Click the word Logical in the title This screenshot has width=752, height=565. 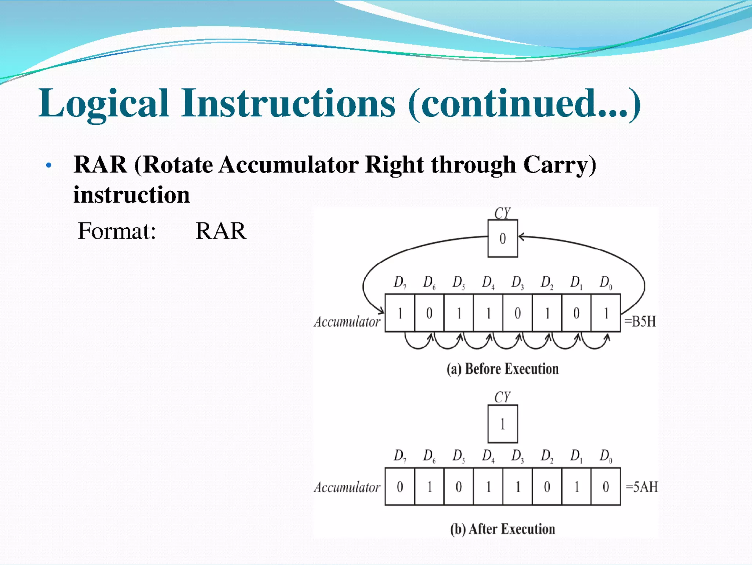point(103,104)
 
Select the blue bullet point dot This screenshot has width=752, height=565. point(48,166)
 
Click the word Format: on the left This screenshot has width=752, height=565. point(117,231)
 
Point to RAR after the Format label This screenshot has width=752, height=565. point(221,231)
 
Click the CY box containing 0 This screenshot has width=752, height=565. point(502,239)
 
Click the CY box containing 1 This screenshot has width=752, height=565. point(502,424)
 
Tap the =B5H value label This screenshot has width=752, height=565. point(640,322)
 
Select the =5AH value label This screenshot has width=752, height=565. point(641,487)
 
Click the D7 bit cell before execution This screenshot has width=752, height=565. point(400,313)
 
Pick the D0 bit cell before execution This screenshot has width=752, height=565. point(605,313)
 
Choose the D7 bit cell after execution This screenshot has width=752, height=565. point(400,487)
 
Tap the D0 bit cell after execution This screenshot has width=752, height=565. point(605,487)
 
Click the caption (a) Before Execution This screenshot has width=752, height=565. point(502,369)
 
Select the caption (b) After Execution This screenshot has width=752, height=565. point(502,529)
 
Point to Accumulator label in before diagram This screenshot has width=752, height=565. point(347,322)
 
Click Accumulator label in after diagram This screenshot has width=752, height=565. point(347,488)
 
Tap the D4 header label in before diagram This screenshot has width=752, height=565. point(488,283)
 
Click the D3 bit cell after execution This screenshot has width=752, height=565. point(517,487)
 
